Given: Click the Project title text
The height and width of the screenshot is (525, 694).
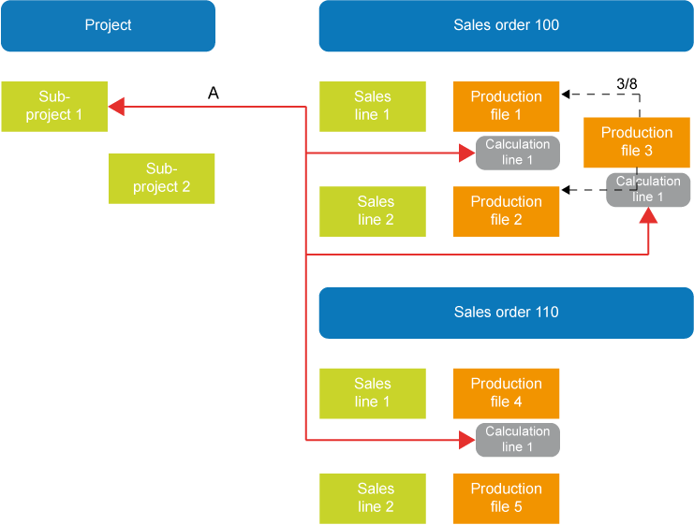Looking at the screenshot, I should (x=108, y=25).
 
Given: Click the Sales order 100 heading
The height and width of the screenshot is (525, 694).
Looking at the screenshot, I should (x=506, y=25).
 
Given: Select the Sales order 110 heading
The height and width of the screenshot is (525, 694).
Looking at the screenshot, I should (x=506, y=312).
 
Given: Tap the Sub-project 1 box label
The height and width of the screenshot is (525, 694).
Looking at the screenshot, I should (x=54, y=105).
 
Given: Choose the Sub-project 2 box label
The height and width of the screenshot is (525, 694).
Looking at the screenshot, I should (x=161, y=177).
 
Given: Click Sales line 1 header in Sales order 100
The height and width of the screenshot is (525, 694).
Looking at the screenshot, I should (x=373, y=105).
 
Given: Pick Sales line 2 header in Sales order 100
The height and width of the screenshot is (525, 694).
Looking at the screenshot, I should (x=376, y=210).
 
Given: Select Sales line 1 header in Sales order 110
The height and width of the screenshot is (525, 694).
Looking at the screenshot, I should (x=373, y=392).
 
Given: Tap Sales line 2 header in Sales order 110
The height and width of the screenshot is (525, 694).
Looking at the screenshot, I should (x=376, y=497).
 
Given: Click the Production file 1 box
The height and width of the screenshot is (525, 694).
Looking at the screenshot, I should (x=506, y=105).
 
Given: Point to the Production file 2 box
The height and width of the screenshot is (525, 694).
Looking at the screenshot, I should (x=506, y=210).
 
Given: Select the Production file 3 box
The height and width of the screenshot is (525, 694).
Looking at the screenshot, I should (x=636, y=141).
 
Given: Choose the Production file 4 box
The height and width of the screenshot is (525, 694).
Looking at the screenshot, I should (x=506, y=392).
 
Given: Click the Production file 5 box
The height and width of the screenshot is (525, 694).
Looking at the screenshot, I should (x=506, y=497).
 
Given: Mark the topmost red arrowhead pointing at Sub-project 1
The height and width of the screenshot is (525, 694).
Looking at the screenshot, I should (x=116, y=107).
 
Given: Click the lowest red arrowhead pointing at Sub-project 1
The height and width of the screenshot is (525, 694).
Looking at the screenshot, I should (x=116, y=147).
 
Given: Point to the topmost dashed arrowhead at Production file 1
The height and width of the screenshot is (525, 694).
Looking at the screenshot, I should (x=567, y=95).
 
